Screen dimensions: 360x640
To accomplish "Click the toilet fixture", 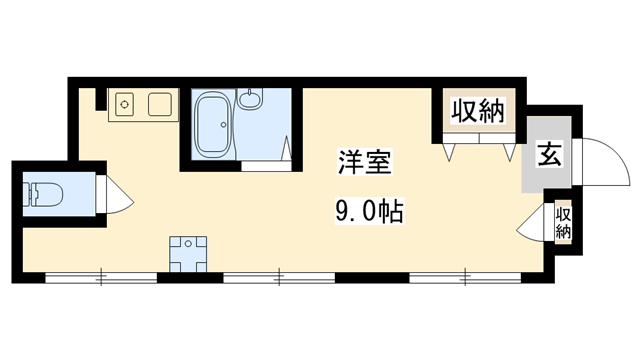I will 43,192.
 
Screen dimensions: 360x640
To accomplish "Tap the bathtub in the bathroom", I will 212,125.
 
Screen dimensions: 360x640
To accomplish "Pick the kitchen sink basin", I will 160,103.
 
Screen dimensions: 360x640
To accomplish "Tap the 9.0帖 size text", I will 367,212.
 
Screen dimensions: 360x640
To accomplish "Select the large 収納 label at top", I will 475,111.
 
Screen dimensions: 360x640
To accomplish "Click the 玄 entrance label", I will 548,155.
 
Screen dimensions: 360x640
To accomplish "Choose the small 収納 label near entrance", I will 563,221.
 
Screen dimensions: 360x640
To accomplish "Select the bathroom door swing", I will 287,150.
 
